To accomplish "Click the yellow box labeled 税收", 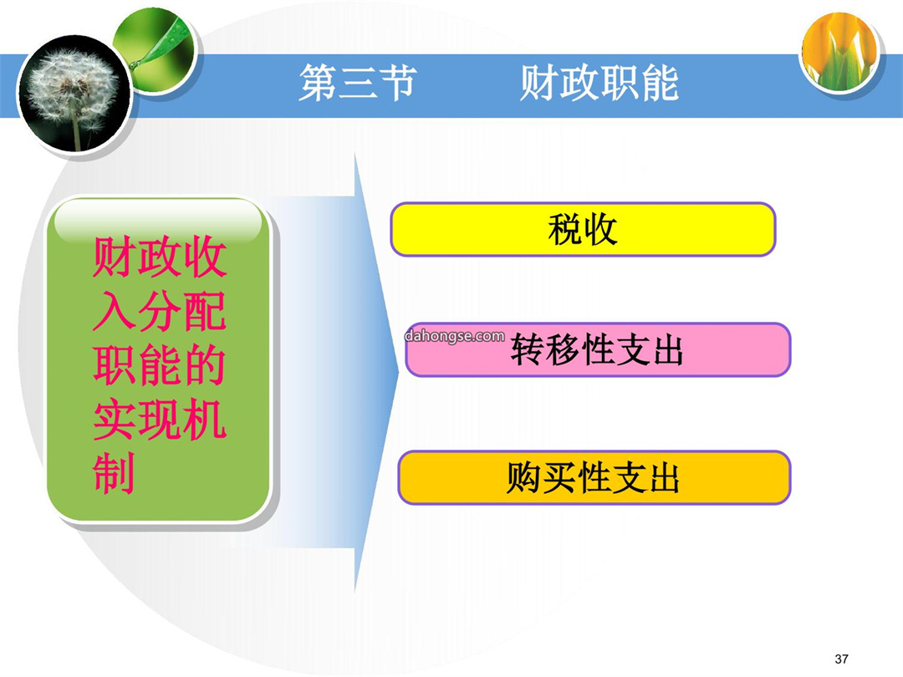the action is pos(583,229).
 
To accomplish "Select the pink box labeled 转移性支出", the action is pos(598,349).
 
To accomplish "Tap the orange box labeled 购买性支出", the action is pos(594,478).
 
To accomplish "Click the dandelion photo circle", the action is pos(74,94).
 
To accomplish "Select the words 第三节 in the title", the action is pos(357,83).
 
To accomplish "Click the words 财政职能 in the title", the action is pos(599,83).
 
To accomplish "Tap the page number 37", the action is pos(841,659).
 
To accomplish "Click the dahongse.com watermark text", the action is pos(454,336).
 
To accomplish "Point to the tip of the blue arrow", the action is pos(399,373).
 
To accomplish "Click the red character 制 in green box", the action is pos(114,472).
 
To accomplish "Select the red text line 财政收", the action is pos(160,257).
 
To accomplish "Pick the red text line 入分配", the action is pos(160,311).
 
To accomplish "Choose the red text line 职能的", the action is pos(160,365).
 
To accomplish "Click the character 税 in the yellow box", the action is pos(564,230).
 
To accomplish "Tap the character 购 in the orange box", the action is pos(524,478).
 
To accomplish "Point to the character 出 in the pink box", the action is pos(667,350).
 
